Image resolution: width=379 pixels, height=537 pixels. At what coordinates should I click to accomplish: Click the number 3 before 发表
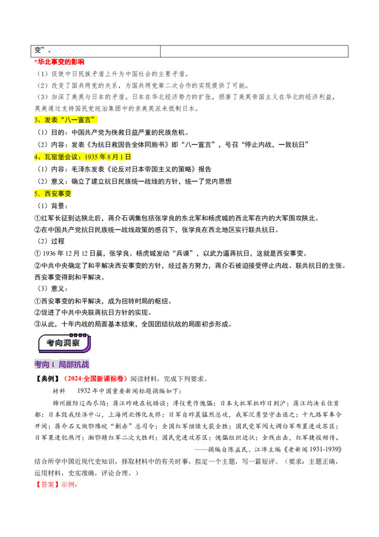click(x=36, y=120)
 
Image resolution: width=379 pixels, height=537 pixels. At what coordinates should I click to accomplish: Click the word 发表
click(x=50, y=120)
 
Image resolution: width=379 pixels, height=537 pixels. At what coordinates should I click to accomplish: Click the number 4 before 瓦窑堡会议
click(x=36, y=157)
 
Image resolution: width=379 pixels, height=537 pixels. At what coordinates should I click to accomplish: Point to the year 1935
click(x=91, y=157)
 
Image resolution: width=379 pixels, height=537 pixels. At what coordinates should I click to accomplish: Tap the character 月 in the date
click(x=115, y=157)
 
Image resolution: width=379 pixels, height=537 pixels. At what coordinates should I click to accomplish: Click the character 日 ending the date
click(x=128, y=157)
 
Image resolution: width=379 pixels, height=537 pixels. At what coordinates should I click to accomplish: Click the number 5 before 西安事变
click(x=36, y=194)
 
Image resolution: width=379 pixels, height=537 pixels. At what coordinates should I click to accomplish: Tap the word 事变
click(x=65, y=194)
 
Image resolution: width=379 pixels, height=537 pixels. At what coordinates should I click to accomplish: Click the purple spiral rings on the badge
click(x=78, y=335)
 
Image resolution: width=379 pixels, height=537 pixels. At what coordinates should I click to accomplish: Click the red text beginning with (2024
click(x=96, y=379)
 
